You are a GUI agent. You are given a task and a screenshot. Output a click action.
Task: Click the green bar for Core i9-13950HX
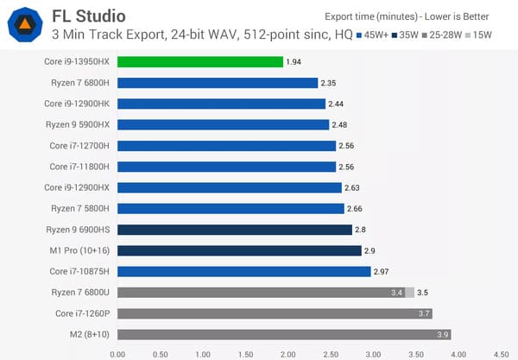click(199, 62)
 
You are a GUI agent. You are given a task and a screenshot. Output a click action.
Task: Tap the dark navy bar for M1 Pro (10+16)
click(239, 250)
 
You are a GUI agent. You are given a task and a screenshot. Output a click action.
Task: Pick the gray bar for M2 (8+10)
click(283, 334)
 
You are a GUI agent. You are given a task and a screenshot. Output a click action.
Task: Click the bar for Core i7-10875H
click(243, 271)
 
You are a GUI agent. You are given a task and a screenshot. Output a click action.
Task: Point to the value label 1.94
click(294, 62)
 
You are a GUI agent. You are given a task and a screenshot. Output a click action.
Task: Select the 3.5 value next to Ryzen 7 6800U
click(423, 293)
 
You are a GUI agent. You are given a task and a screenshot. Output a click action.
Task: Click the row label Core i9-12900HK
click(78, 104)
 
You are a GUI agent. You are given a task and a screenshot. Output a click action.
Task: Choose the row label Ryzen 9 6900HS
click(79, 230)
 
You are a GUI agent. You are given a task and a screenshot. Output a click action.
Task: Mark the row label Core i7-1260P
click(84, 313)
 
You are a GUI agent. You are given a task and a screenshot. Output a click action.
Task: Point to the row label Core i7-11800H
click(80, 167)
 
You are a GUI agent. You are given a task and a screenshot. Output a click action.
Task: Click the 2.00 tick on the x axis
click(288, 352)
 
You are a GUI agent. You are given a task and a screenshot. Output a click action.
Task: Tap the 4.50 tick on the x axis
click(500, 352)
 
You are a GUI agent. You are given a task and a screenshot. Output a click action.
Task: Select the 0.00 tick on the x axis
click(118, 352)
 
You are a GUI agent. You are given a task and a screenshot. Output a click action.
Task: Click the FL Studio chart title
click(88, 16)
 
